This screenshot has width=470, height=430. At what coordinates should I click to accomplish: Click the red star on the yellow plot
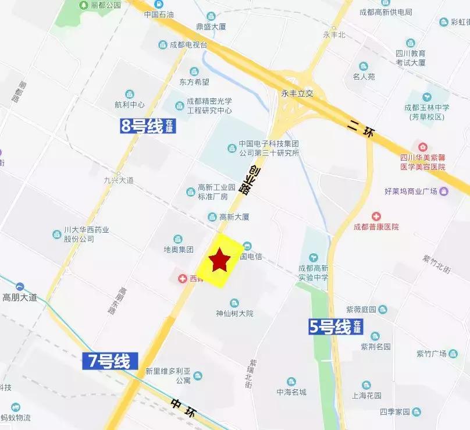219,260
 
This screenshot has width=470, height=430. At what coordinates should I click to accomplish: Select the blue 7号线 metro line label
109,361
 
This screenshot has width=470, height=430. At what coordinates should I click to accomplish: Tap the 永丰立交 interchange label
297,93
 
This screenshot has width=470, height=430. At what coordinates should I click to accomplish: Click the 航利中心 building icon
129,94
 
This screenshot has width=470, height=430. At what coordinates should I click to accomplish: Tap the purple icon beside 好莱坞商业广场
444,191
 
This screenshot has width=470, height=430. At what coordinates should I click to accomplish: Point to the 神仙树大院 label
234,313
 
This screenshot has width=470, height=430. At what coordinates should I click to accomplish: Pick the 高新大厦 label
234,217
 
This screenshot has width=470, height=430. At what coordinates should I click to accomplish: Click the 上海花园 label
366,395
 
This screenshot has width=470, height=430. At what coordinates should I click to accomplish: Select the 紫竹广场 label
431,354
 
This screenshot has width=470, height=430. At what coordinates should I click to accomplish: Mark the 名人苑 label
364,76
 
